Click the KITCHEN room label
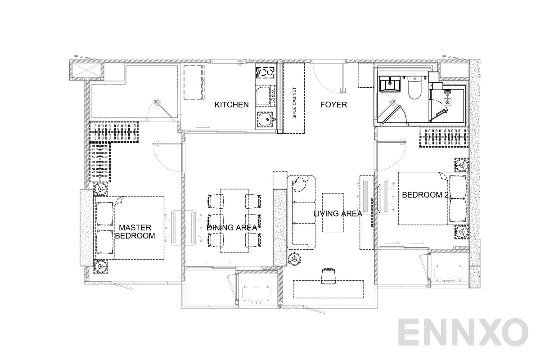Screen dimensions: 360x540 click(x=231, y=105)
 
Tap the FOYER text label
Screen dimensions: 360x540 click(x=333, y=105)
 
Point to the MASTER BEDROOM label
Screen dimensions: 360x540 click(x=135, y=232)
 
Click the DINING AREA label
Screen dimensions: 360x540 click(x=232, y=228)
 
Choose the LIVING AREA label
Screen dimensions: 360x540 click(x=337, y=214)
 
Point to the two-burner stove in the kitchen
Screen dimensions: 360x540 click(x=265, y=72)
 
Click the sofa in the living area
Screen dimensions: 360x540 click(x=301, y=211)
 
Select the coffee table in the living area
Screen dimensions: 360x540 click(x=333, y=212)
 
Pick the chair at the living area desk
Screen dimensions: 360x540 click(x=329, y=275)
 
